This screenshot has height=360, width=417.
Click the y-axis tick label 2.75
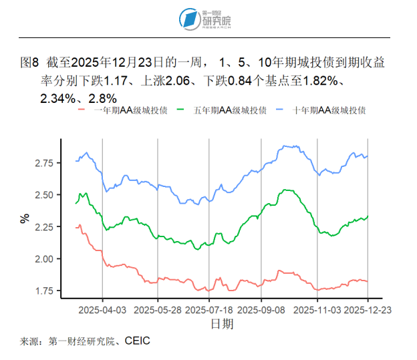(x=45, y=163)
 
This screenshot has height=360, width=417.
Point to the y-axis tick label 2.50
(x=45, y=195)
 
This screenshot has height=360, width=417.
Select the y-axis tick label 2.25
(x=45, y=227)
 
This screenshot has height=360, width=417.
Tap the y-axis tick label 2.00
(x=45, y=259)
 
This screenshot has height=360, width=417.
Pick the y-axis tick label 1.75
(x=45, y=291)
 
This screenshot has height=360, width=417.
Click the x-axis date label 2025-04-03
(x=102, y=311)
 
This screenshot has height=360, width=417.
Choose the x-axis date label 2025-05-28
(x=158, y=311)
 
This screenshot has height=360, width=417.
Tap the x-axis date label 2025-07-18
(x=209, y=311)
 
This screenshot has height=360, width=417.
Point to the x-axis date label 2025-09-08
(x=261, y=311)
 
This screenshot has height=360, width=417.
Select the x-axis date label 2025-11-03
(x=317, y=311)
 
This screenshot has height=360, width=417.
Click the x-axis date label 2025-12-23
(x=367, y=311)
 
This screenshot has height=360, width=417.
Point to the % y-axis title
(x=25, y=218)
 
